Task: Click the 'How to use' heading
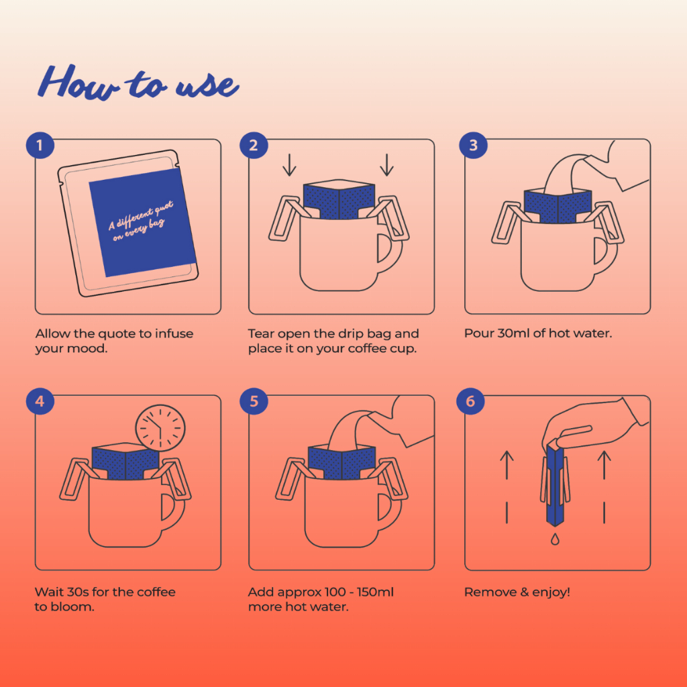138,83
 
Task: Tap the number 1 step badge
40,145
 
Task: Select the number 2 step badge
254,145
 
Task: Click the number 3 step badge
473,145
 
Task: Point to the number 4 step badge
40,401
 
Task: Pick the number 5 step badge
254,401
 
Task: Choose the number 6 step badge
470,401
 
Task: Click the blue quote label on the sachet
142,222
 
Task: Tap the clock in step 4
160,428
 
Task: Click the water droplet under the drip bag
555,539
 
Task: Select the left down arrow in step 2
289,165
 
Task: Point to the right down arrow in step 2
386,165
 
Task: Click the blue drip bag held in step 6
555,482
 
